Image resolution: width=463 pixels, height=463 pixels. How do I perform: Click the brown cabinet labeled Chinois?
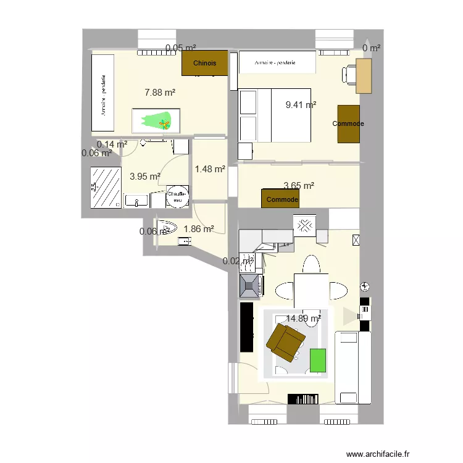pos(204,63)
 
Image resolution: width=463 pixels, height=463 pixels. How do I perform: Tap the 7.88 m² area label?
pos(160,93)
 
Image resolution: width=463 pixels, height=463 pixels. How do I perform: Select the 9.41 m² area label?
pos(301,105)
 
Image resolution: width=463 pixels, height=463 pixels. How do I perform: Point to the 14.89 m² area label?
pos(303,319)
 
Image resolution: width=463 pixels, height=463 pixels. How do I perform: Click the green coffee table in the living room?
pos(318,361)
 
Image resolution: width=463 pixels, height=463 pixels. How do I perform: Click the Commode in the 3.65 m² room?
pos(281,199)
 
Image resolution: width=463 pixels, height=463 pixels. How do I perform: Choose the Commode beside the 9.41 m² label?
pos(348,124)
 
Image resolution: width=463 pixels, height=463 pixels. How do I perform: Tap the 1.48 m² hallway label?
pos(209,169)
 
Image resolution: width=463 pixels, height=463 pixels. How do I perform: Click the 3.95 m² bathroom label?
pos(145,176)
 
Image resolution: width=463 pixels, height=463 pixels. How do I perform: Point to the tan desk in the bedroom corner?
pos(364,76)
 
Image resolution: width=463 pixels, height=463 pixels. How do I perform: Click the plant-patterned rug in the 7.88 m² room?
pos(156,120)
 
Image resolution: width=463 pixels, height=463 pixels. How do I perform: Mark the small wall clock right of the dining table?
pos(365,286)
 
